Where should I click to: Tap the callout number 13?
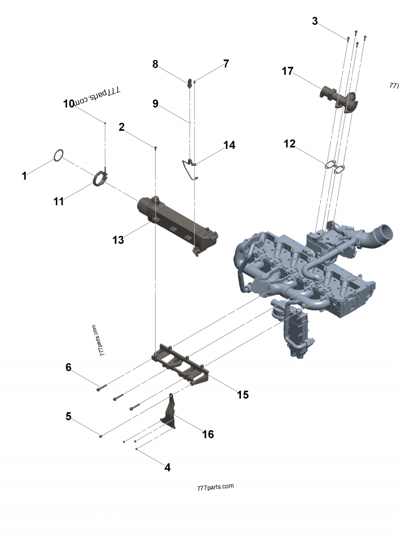pos(118,240)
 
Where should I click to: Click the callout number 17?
pos(287,71)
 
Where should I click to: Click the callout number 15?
pos(242,395)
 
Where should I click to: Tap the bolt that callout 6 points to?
pos(101,387)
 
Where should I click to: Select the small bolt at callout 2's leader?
pos(156,148)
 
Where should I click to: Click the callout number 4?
pos(167,468)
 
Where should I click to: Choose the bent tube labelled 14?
pos(190,169)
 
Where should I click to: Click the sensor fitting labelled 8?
pos(189,82)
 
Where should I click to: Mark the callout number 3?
pos(315,21)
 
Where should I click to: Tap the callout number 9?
pos(156,103)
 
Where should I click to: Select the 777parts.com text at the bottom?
pos(215,487)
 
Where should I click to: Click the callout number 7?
pos(226,63)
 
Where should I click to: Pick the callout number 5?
pos(68,416)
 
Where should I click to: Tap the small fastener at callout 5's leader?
pos(100,436)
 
